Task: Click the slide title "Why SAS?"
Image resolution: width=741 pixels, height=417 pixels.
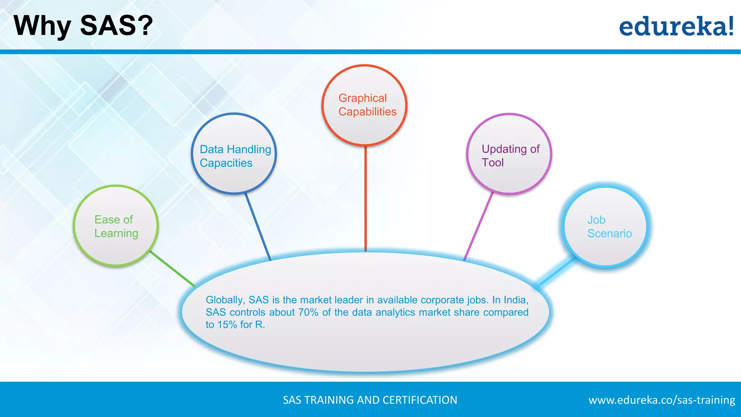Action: [x=83, y=26]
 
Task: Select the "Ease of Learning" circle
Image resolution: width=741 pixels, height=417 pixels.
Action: [x=116, y=226]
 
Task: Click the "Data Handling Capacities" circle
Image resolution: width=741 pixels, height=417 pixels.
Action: [x=234, y=154]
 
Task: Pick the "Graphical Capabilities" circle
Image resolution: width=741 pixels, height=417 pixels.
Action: [x=364, y=105]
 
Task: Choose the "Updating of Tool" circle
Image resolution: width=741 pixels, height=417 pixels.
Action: [x=509, y=154]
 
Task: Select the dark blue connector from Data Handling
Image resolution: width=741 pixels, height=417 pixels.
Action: [x=258, y=227]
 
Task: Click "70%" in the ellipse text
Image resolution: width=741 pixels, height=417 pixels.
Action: [x=308, y=312]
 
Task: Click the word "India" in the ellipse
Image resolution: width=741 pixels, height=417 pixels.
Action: [x=515, y=300]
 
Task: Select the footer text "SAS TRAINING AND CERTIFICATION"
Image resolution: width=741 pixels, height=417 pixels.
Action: [x=370, y=400]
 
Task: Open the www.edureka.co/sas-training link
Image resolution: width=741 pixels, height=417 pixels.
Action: [x=662, y=400]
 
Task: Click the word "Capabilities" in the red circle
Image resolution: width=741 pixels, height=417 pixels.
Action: [x=367, y=112]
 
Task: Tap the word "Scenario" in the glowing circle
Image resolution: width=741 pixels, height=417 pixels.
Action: [x=609, y=233]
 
